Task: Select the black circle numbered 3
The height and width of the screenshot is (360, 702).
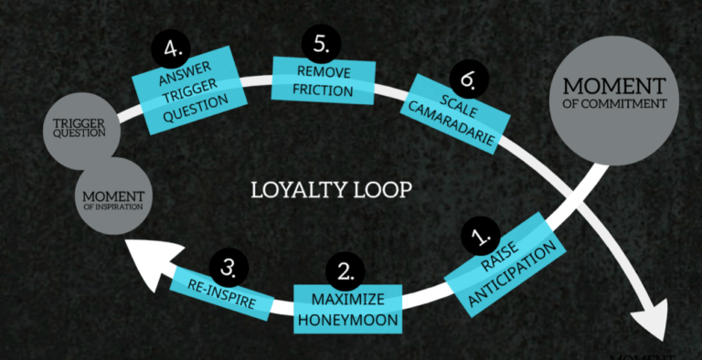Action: pos(229,266)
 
